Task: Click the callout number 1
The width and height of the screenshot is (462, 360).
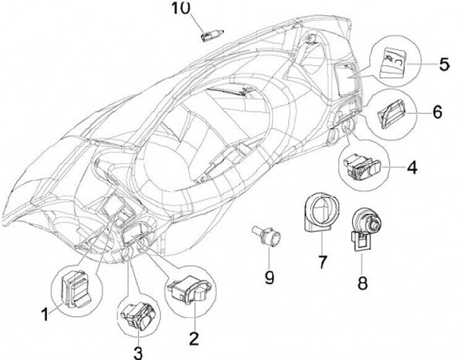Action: (x=45, y=315)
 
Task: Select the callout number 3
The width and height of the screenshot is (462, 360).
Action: (x=138, y=352)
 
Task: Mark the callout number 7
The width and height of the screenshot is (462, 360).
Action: (x=322, y=262)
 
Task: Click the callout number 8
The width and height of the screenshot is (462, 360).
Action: (x=363, y=282)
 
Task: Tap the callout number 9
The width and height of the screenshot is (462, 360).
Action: (x=269, y=277)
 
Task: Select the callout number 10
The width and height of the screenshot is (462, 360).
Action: (x=182, y=8)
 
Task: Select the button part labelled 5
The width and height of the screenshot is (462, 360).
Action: (x=393, y=64)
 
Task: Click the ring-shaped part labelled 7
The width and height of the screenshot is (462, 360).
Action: (x=318, y=213)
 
